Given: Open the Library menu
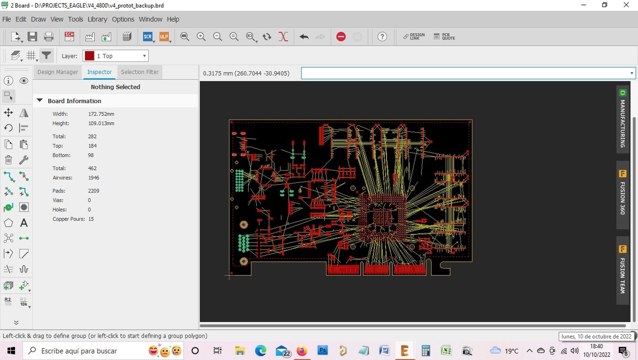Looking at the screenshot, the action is (97, 19).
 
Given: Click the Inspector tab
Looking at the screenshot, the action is (99, 72).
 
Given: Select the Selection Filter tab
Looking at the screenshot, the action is (140, 72).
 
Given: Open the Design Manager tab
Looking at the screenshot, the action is (57, 72).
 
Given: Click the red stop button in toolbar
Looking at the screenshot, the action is (341, 37).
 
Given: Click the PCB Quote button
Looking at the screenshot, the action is (444, 37).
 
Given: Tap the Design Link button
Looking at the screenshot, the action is (414, 37).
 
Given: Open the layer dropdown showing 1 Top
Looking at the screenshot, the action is (116, 56).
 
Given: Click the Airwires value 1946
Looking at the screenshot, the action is (94, 178).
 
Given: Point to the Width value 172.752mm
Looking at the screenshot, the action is (101, 114).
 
